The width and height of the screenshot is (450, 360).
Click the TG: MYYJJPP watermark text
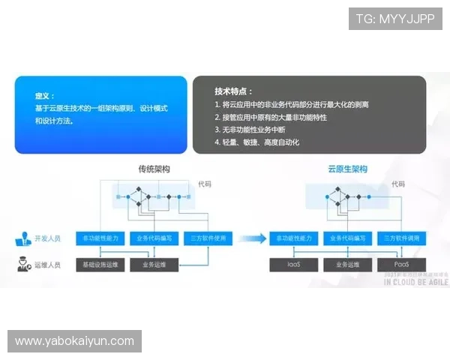[x=395, y=19]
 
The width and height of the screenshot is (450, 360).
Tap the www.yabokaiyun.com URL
[x=74, y=341]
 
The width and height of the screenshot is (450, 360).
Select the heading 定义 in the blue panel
[x=43, y=96]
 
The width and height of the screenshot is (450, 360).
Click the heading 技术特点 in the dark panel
[x=234, y=91]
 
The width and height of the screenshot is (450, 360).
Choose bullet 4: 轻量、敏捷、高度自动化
[x=257, y=142]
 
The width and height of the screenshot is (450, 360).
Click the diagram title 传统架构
[x=154, y=169]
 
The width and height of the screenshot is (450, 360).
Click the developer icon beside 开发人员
[x=22, y=239]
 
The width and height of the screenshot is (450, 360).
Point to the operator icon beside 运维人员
[x=22, y=265]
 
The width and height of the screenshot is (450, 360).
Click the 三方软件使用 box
[x=205, y=238]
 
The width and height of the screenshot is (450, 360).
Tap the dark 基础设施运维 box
[x=100, y=265]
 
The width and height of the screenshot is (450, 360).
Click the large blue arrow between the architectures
[x=255, y=238]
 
